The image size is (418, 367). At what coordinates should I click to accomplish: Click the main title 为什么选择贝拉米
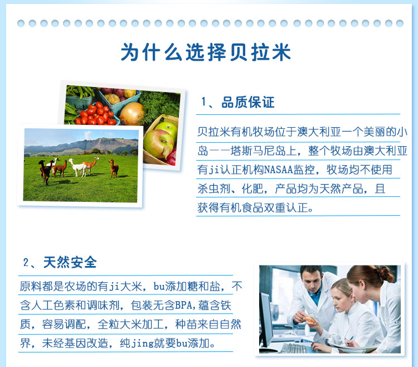click(206, 52)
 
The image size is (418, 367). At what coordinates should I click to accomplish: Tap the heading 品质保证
click(248, 102)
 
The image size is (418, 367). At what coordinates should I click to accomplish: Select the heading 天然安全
click(70, 262)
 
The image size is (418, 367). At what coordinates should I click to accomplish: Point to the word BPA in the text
click(183, 305)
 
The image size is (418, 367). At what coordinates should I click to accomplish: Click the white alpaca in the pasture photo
click(78, 167)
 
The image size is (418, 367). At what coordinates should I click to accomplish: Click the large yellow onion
click(132, 114)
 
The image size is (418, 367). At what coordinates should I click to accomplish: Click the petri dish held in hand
click(310, 320)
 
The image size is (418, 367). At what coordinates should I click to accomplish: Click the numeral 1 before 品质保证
click(204, 103)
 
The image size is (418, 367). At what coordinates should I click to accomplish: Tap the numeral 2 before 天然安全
click(26, 263)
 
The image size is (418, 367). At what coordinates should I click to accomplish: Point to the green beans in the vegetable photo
click(80, 91)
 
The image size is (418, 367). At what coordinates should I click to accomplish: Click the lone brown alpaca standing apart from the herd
click(114, 168)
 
